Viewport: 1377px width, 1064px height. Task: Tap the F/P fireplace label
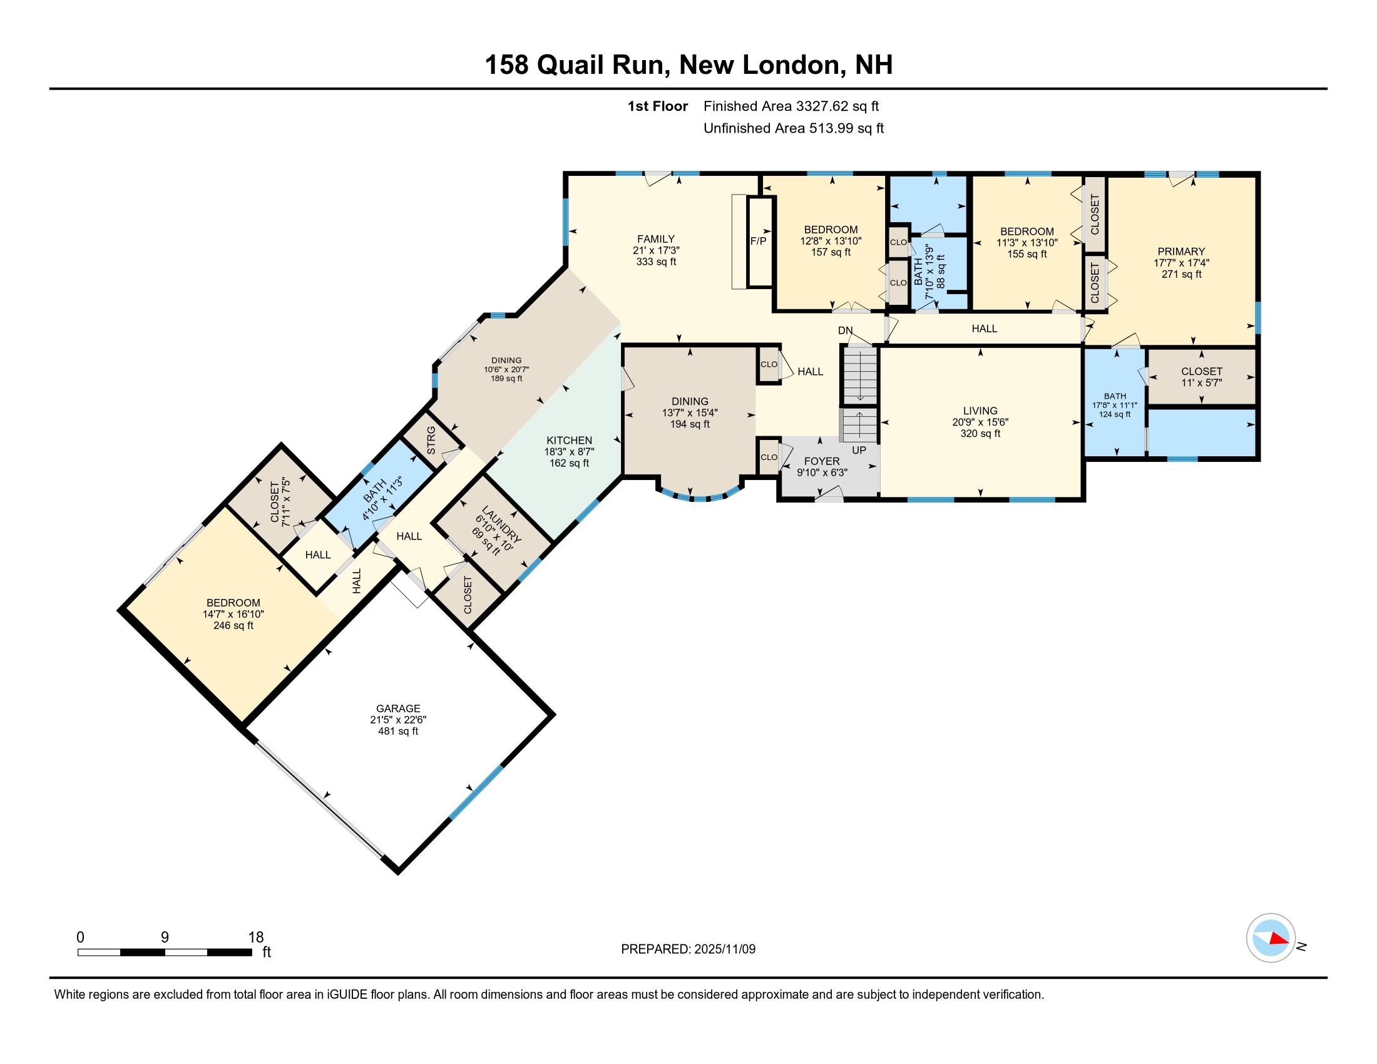click(759, 241)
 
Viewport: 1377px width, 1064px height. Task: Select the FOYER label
click(822, 461)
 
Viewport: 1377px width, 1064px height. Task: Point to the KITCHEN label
click(569, 440)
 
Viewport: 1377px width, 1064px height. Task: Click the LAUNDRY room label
click(501, 524)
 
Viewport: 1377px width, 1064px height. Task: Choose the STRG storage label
click(431, 441)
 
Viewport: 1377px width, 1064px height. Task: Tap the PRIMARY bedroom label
click(1181, 252)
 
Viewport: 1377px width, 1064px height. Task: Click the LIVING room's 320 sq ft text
click(980, 434)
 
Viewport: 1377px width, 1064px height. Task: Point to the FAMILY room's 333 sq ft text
click(656, 262)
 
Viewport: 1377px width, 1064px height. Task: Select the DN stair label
click(845, 330)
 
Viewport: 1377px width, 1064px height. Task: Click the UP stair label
click(859, 450)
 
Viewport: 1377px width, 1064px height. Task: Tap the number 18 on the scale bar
click(255, 938)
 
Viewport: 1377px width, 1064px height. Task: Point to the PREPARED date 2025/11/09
click(724, 949)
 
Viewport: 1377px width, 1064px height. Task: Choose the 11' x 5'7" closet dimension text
click(1202, 382)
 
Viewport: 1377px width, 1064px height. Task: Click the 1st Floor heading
click(658, 106)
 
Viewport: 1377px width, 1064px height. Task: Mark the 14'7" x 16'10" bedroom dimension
click(233, 614)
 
